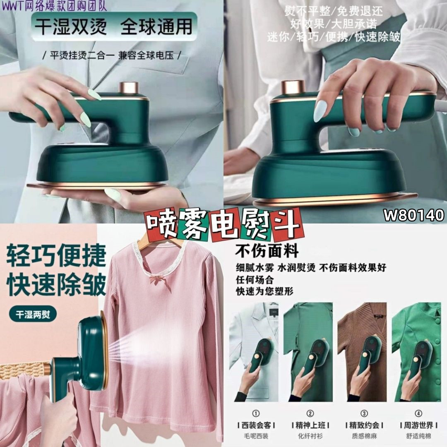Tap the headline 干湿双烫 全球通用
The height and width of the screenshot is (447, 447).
(x=113, y=26)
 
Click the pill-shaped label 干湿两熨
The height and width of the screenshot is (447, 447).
(x=33, y=315)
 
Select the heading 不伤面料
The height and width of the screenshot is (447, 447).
(x=267, y=251)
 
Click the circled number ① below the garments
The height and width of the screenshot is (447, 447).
(x=256, y=413)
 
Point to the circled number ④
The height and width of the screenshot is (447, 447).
(x=418, y=413)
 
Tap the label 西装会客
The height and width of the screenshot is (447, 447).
(x=256, y=425)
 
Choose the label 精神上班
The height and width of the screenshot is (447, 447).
(x=310, y=425)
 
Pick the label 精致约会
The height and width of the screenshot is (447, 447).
(x=364, y=425)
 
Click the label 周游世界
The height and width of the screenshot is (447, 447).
(x=418, y=425)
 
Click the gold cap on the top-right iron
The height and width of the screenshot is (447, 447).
(x=293, y=88)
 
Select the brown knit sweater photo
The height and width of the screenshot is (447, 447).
(x=362, y=352)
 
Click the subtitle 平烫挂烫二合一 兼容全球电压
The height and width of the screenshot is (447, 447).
(x=111, y=55)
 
